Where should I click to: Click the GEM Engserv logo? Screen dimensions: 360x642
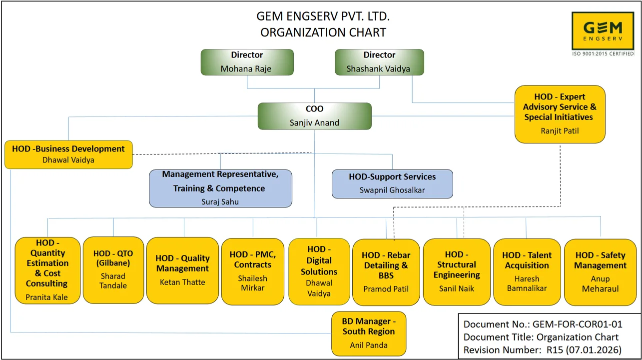(x=603, y=31)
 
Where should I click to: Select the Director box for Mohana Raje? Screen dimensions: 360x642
(x=247, y=62)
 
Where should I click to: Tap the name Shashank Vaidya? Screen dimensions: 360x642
(x=378, y=69)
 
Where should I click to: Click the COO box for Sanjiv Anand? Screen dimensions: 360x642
(x=314, y=116)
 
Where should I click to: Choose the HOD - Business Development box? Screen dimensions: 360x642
(x=68, y=154)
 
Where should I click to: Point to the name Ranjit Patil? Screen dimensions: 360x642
(x=560, y=131)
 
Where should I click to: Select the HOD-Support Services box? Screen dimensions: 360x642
(x=392, y=183)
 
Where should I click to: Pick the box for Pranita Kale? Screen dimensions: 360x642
(x=47, y=270)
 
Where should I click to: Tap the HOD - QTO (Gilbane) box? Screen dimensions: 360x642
(x=113, y=270)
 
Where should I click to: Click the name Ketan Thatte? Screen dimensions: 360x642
(x=182, y=282)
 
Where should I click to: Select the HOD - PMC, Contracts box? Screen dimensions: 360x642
(x=253, y=270)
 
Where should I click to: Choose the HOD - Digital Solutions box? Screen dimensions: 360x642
(x=319, y=271)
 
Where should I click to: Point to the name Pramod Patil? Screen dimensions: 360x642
(x=386, y=289)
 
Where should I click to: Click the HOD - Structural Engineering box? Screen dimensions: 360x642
(x=457, y=271)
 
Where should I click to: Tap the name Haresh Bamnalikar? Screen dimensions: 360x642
(x=527, y=283)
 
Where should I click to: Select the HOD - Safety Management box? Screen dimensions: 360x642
(x=600, y=271)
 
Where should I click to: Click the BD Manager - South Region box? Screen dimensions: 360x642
(x=369, y=333)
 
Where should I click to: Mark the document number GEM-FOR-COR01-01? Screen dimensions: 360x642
(x=578, y=324)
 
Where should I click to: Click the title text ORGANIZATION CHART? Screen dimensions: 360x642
(x=323, y=32)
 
